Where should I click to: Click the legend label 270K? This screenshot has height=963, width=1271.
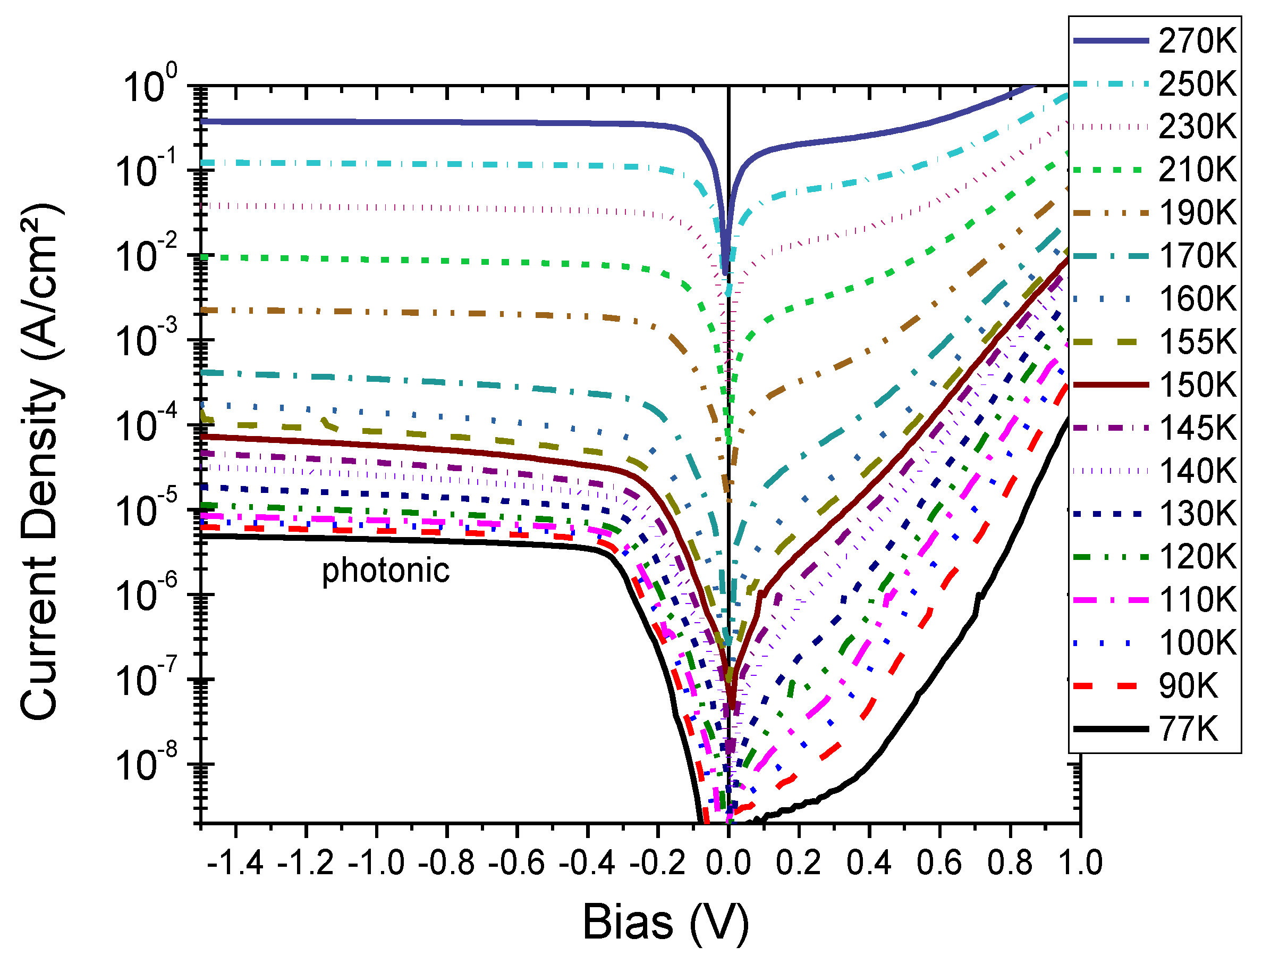[1197, 41]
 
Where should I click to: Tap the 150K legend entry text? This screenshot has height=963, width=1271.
[1198, 384]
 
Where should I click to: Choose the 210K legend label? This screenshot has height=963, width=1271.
[1197, 170]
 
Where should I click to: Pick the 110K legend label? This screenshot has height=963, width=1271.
[1198, 600]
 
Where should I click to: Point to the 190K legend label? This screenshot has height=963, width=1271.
[1198, 213]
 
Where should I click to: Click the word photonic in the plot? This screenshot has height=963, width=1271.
[386, 571]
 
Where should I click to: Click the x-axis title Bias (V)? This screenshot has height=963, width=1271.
[665, 922]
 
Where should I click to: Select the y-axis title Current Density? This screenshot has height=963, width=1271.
[40, 460]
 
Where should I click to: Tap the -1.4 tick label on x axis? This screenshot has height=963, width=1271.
[235, 863]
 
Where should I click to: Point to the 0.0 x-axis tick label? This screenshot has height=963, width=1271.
[728, 863]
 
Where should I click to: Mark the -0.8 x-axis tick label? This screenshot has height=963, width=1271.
[446, 863]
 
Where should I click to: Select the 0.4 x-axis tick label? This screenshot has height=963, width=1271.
[869, 863]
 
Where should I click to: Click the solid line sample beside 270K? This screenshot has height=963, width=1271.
[1110, 41]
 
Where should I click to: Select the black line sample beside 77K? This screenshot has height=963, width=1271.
[1110, 730]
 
